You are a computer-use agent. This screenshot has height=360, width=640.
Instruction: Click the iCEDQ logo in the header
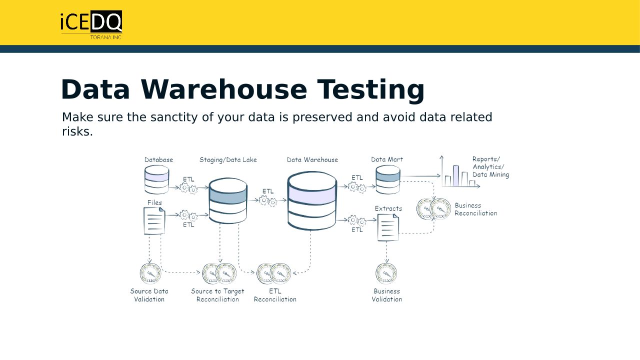point(91,23)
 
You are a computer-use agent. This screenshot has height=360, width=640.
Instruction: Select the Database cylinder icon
point(156,180)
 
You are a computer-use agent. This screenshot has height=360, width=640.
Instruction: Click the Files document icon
point(154,220)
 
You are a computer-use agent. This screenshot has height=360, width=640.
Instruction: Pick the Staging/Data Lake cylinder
point(228,200)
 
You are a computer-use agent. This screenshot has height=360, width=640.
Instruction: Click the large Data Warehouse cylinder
point(312,200)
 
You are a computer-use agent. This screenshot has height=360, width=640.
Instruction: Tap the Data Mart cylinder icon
point(388,180)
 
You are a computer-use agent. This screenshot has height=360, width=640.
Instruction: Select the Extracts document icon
point(388,227)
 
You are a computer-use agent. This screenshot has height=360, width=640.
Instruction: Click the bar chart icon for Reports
point(459,175)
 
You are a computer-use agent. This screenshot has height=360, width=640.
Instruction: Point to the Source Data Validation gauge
point(150,273)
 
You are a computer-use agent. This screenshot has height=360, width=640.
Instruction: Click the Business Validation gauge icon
point(386,273)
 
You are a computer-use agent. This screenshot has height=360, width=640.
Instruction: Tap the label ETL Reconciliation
point(275,295)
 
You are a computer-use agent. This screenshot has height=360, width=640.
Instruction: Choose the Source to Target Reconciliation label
point(217,295)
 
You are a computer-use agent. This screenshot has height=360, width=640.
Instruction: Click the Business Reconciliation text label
point(475,209)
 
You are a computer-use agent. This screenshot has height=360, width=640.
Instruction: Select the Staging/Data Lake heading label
point(228,160)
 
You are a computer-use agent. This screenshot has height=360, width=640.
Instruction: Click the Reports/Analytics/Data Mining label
point(490,167)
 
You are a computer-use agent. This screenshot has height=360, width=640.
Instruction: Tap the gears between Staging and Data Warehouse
point(268,201)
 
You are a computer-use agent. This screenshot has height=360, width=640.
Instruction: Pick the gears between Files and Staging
point(188,215)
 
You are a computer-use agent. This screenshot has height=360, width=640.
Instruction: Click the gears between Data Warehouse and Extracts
point(357,220)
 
